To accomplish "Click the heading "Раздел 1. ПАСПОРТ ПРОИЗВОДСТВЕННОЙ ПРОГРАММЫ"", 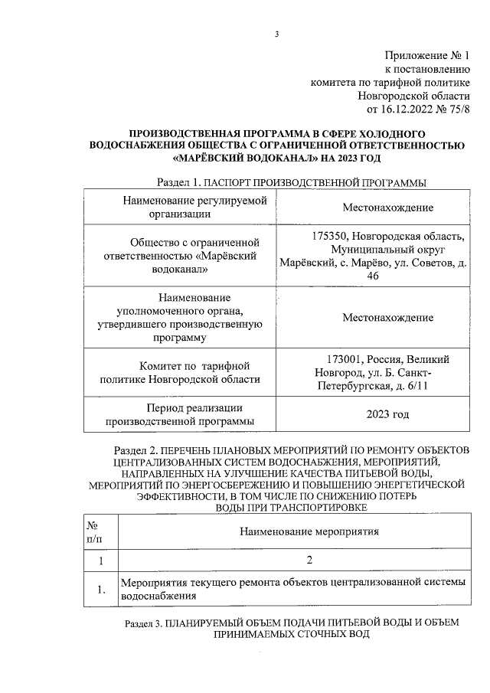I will point(291,183).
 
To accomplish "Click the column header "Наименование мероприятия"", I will point(309,530).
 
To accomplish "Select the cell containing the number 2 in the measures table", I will point(309,561).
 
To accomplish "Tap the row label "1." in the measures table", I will point(99,589).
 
